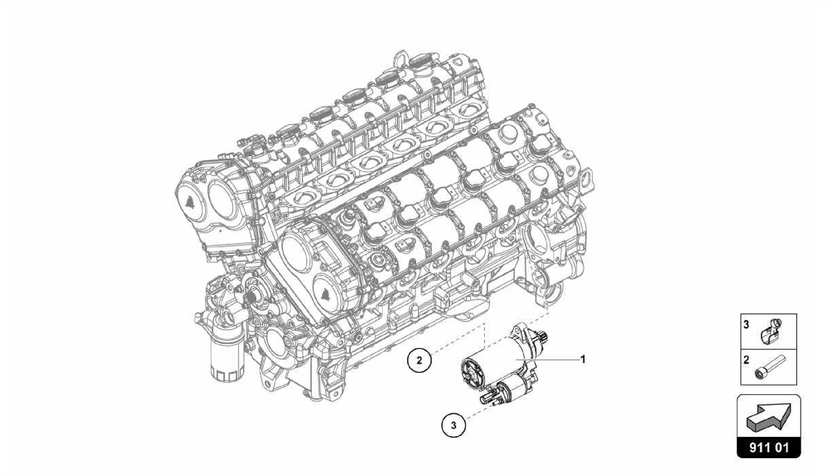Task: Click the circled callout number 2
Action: pos(419,360)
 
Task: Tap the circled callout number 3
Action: pos(453,425)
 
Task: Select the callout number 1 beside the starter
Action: pos(583,359)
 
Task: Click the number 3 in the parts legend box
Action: pos(746,324)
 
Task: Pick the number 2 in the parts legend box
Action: pos(746,359)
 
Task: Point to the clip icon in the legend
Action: pos(770,331)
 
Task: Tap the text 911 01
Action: pos(769,448)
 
